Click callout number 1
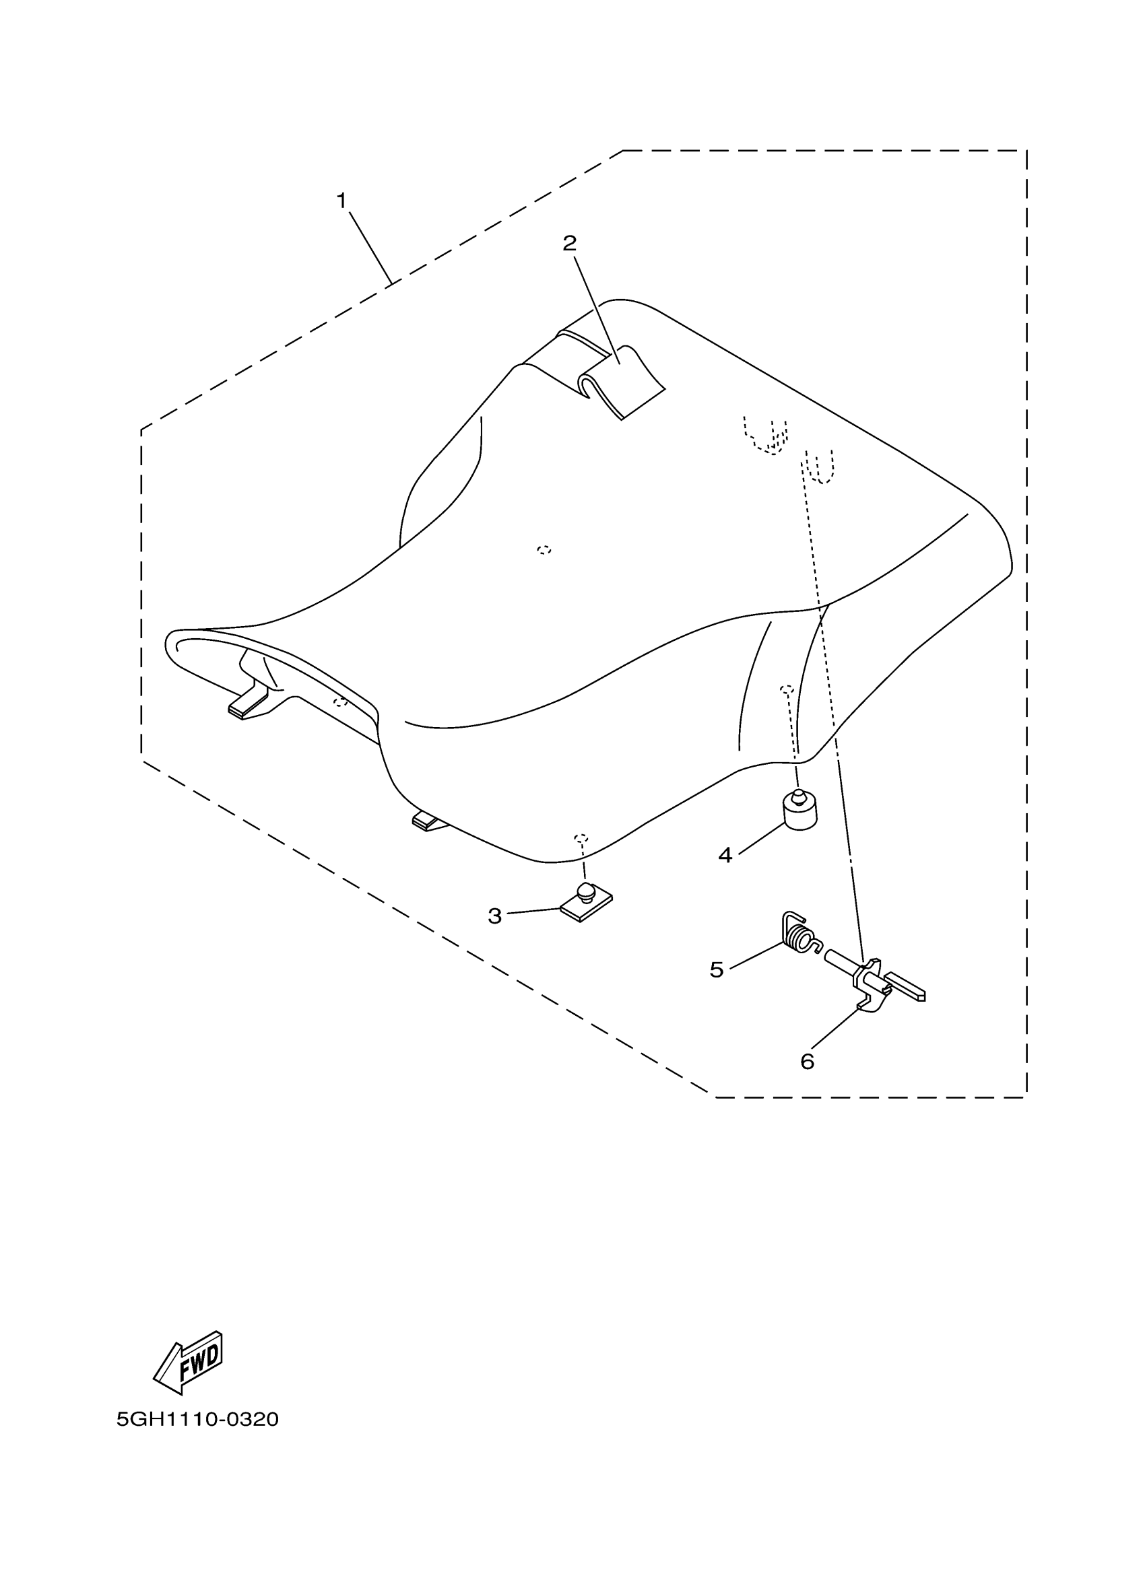[341, 201]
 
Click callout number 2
[569, 243]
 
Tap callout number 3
[495, 916]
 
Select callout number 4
[725, 855]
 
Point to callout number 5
[717, 969]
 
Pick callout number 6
[807, 1061]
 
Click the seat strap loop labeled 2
[620, 383]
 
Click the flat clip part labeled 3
[586, 903]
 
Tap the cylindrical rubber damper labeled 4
[800, 812]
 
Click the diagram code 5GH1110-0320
[197, 1419]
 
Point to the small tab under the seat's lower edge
[428, 822]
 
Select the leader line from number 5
[756, 955]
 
